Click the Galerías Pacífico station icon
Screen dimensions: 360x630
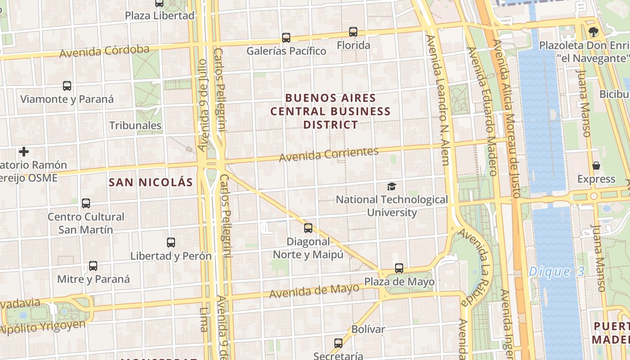tap(286, 37)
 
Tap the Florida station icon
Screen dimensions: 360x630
tap(353, 32)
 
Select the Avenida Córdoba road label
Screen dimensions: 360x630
tap(104, 51)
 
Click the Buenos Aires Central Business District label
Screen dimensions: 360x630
tap(330, 111)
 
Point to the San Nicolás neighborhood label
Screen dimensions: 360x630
tap(151, 182)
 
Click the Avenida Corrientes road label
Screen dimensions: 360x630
tap(328, 154)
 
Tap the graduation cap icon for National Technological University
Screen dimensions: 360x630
tap(392, 186)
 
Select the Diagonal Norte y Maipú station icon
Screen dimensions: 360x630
tap(308, 228)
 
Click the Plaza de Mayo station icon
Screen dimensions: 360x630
tap(399, 268)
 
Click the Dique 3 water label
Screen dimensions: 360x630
tap(556, 272)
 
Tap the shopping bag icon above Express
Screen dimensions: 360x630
tap(596, 166)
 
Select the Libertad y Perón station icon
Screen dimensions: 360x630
tap(171, 243)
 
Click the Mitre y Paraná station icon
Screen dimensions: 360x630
tap(93, 265)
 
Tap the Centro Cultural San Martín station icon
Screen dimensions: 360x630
tap(86, 203)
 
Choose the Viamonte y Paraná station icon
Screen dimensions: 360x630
tap(67, 85)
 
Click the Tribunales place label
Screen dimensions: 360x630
tap(135, 126)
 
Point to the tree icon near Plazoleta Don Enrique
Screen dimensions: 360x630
tap(594, 32)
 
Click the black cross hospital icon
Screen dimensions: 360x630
tap(24, 152)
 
